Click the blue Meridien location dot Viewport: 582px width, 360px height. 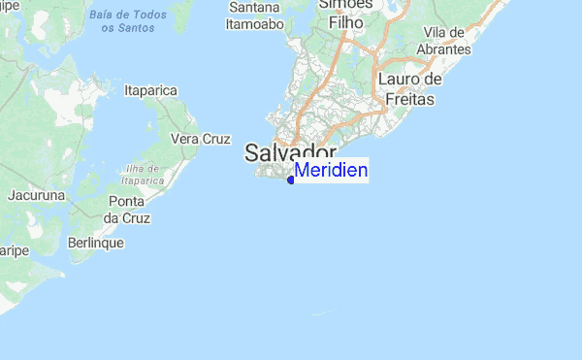point(291,180)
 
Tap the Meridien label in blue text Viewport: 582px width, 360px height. point(331,171)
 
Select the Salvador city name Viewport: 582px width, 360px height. point(290,152)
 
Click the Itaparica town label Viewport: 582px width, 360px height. point(151,90)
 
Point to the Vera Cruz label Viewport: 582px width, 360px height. point(200,139)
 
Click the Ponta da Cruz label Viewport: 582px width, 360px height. point(126,209)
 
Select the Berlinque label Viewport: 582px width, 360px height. point(96,243)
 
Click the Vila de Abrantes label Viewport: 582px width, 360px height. point(446,41)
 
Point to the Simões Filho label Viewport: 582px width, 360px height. point(346,14)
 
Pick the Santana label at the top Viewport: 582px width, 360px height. point(255,8)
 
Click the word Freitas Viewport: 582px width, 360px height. point(410,98)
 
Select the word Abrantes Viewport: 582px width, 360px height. point(446,49)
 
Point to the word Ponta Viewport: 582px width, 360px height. point(126,201)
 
